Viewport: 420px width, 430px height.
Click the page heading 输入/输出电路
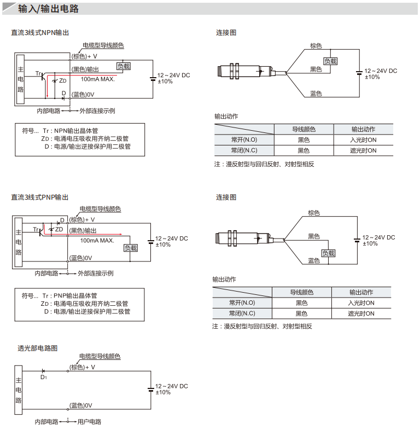pyautogui.click(x=48, y=9)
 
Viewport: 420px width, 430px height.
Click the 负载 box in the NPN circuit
pyautogui.click(x=124, y=66)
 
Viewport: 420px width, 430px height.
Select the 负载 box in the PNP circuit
pyautogui.click(x=131, y=248)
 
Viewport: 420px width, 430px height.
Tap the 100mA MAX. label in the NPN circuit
pyautogui.click(x=97, y=79)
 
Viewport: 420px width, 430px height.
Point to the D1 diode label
pyautogui.click(x=44, y=377)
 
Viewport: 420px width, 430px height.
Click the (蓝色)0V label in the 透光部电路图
pyautogui.click(x=80, y=405)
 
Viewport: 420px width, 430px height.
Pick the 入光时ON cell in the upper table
pyautogui.click(x=363, y=140)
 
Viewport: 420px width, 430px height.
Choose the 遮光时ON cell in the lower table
pyautogui.click(x=361, y=313)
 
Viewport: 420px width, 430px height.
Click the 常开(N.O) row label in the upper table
pyautogui.click(x=244, y=140)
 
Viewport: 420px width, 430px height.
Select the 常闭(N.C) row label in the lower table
pyautogui.click(x=242, y=313)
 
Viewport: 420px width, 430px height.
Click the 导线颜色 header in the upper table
pyautogui.click(x=304, y=129)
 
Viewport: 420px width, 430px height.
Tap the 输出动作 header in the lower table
pyautogui.click(x=361, y=292)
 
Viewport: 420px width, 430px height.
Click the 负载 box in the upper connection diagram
pyautogui.click(x=330, y=61)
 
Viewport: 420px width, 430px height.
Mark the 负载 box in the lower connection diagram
pyautogui.click(x=328, y=253)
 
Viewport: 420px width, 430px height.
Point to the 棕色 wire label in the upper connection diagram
pyautogui.click(x=316, y=46)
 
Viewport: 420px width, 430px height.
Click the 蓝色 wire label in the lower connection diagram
pyautogui.click(x=314, y=260)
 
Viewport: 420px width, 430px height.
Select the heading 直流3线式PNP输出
pyautogui.click(x=40, y=197)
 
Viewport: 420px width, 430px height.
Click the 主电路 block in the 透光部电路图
pyautogui.click(x=19, y=390)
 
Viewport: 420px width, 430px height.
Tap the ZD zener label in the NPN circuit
pyautogui.click(x=63, y=80)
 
